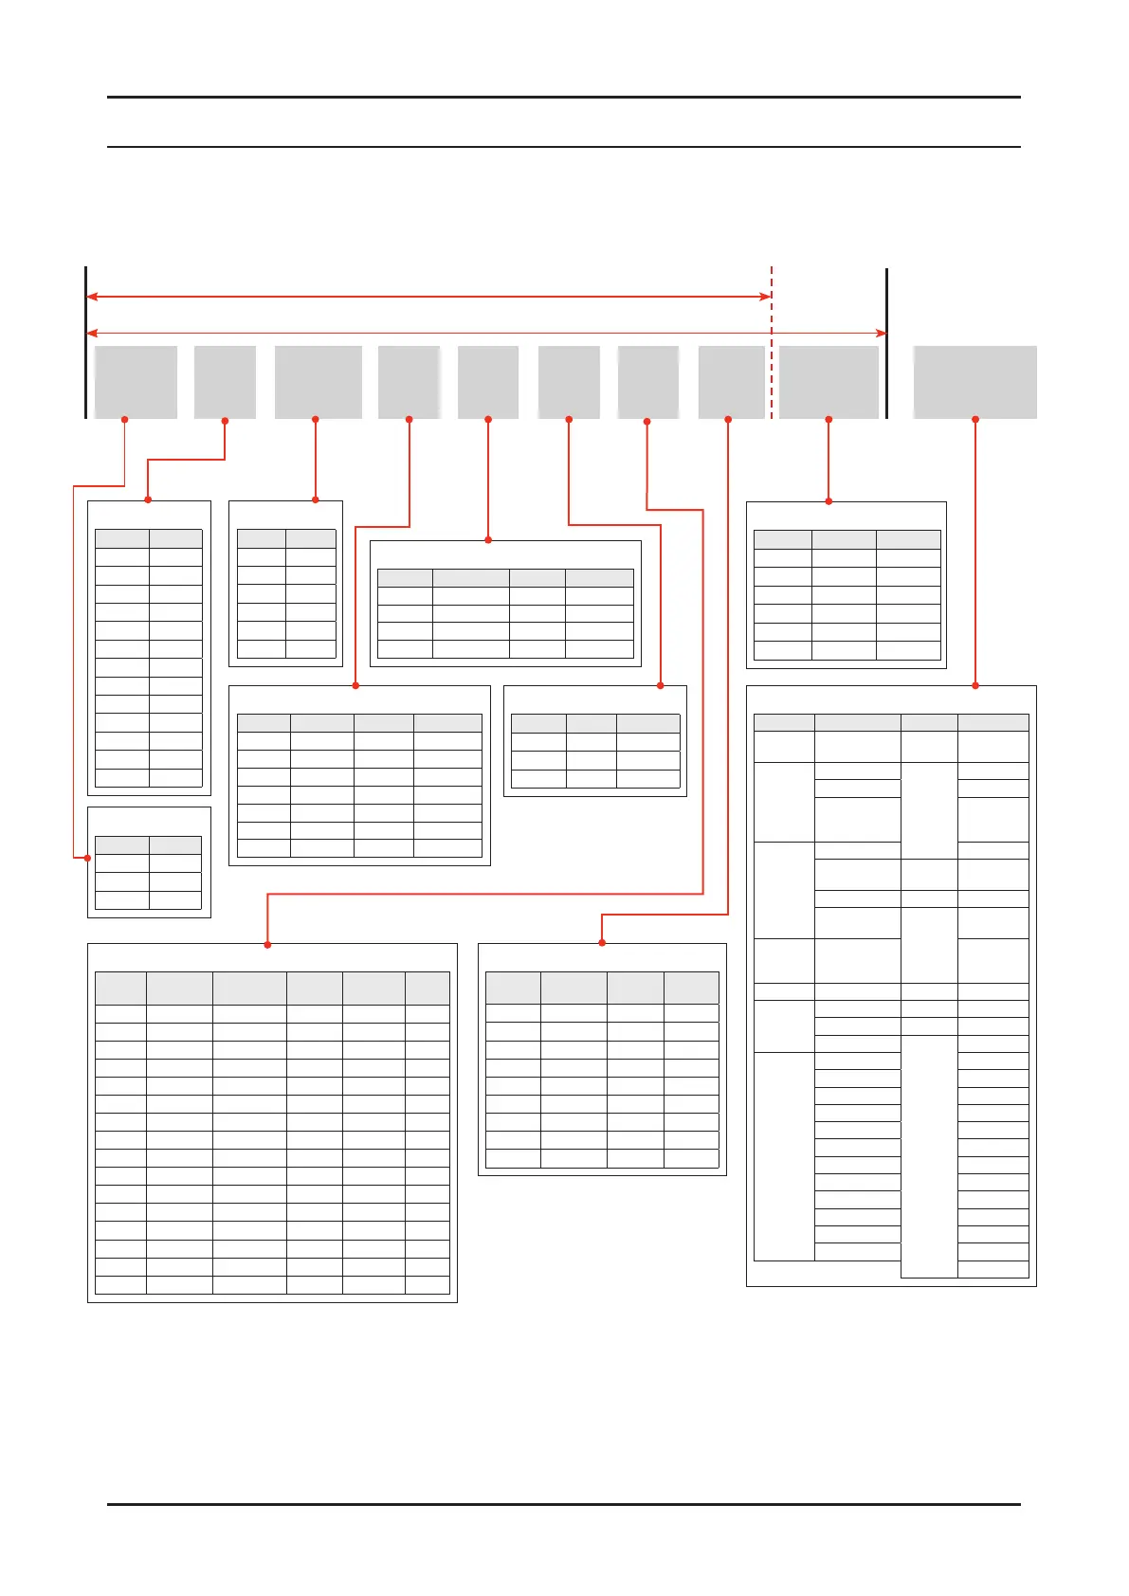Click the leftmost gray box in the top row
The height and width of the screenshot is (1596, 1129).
136,382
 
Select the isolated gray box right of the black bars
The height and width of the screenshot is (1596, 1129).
974,382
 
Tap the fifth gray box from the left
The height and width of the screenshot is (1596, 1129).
487,382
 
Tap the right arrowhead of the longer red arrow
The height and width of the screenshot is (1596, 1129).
881,333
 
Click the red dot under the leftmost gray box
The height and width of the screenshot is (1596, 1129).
124,419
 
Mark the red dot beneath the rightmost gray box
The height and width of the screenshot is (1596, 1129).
975,419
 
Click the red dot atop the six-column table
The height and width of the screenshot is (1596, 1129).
267,944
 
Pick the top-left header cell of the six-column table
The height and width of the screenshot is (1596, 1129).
120,988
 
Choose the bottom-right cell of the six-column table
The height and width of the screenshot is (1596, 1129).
427,1285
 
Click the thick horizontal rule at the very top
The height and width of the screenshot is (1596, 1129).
563,97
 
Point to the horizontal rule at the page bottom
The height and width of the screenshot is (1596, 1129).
563,1504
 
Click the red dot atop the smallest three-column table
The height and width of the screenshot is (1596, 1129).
660,685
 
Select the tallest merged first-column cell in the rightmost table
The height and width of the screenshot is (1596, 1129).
784,1156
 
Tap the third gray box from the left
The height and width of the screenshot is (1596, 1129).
318,382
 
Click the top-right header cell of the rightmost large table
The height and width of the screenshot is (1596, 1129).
992,722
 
